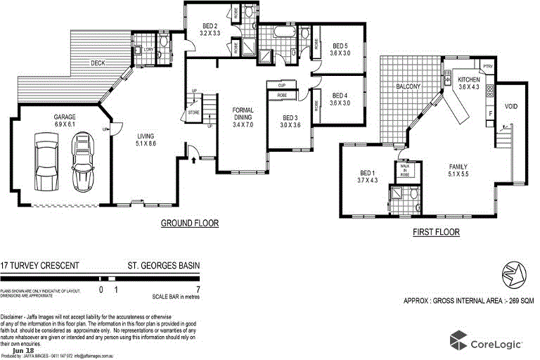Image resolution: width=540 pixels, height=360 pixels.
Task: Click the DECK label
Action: (x=98, y=63)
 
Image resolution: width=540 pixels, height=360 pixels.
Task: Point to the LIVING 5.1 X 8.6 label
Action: (x=146, y=139)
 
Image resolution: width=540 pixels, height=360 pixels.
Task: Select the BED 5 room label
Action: (x=340, y=49)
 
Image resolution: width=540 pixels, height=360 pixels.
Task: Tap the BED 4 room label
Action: (x=340, y=99)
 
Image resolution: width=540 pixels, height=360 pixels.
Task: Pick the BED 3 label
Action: (x=291, y=121)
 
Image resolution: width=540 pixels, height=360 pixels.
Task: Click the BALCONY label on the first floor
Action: (x=409, y=86)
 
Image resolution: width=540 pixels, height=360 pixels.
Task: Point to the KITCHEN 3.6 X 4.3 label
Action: (x=468, y=83)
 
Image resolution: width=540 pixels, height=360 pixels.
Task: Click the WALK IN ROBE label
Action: (x=405, y=169)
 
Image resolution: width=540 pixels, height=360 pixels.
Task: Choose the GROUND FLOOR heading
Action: (x=190, y=223)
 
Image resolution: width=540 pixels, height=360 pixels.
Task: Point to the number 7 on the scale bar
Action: (x=198, y=289)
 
